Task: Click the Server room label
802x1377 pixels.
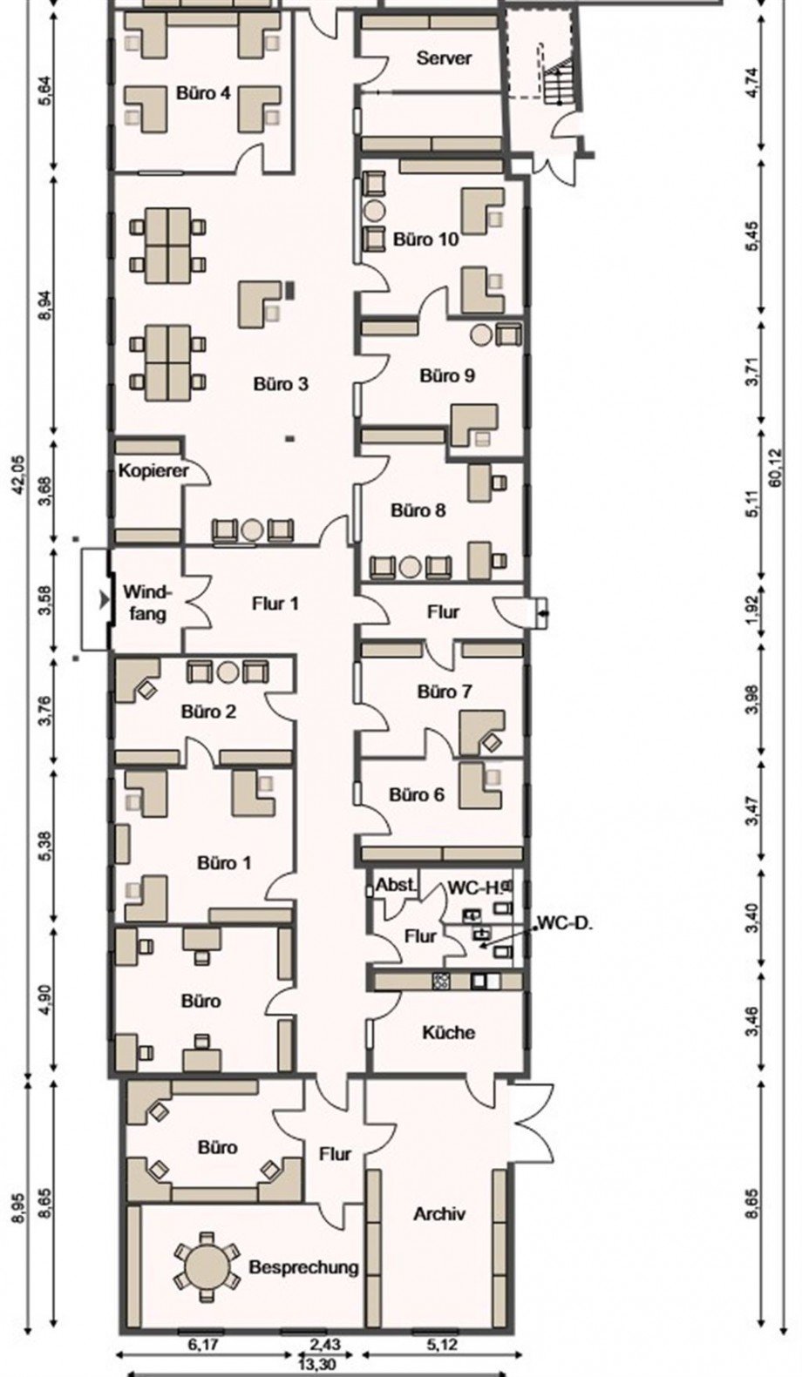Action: (x=444, y=58)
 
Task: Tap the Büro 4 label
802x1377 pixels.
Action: (x=203, y=93)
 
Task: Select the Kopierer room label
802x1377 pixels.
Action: (x=153, y=471)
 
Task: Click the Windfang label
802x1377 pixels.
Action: (x=146, y=603)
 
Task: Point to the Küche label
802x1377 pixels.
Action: (x=448, y=1031)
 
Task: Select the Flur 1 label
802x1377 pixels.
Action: (x=275, y=604)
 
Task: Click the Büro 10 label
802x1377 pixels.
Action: (x=426, y=240)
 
